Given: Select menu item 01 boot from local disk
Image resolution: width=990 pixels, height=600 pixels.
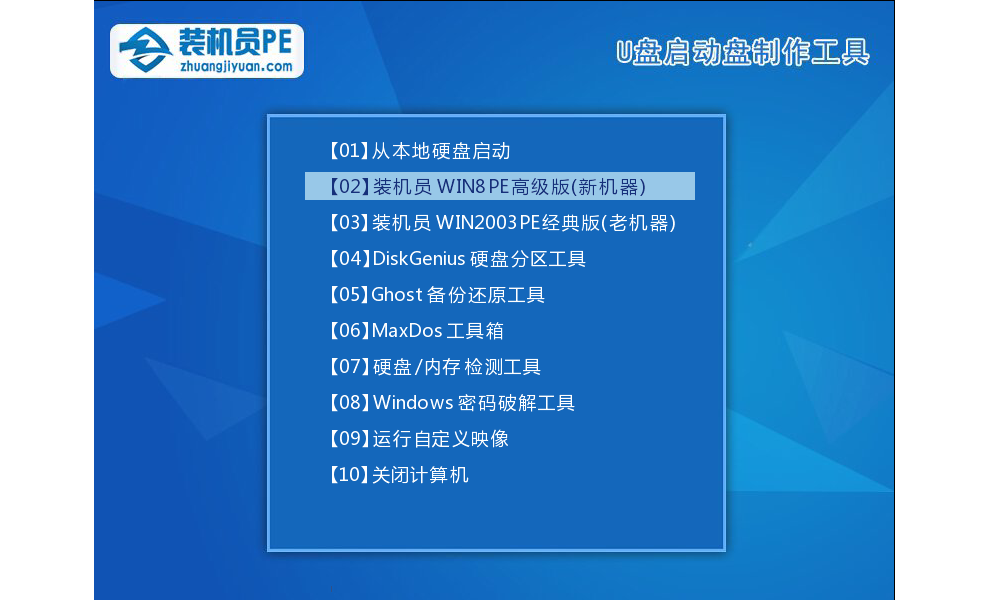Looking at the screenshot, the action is tap(419, 151).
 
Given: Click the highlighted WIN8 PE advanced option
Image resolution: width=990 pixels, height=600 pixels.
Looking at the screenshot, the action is tap(499, 186).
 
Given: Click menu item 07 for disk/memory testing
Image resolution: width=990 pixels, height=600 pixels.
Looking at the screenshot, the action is tap(434, 367).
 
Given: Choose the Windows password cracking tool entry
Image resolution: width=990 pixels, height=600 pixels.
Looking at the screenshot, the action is tap(451, 403).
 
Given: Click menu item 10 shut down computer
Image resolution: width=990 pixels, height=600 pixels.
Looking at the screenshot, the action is tap(398, 475).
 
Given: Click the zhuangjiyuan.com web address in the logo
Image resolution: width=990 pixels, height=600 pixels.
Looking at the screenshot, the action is tap(236, 67).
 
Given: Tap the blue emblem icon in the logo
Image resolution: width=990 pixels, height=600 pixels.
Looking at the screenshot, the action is tap(146, 50).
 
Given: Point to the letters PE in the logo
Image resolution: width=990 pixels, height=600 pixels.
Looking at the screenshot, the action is tap(276, 43).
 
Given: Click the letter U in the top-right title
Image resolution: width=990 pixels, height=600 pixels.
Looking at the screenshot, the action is tap(624, 52).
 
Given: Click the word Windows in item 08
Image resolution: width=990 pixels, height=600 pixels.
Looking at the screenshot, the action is tap(413, 403).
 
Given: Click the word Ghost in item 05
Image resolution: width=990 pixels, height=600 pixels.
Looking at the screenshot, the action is tap(397, 295).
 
